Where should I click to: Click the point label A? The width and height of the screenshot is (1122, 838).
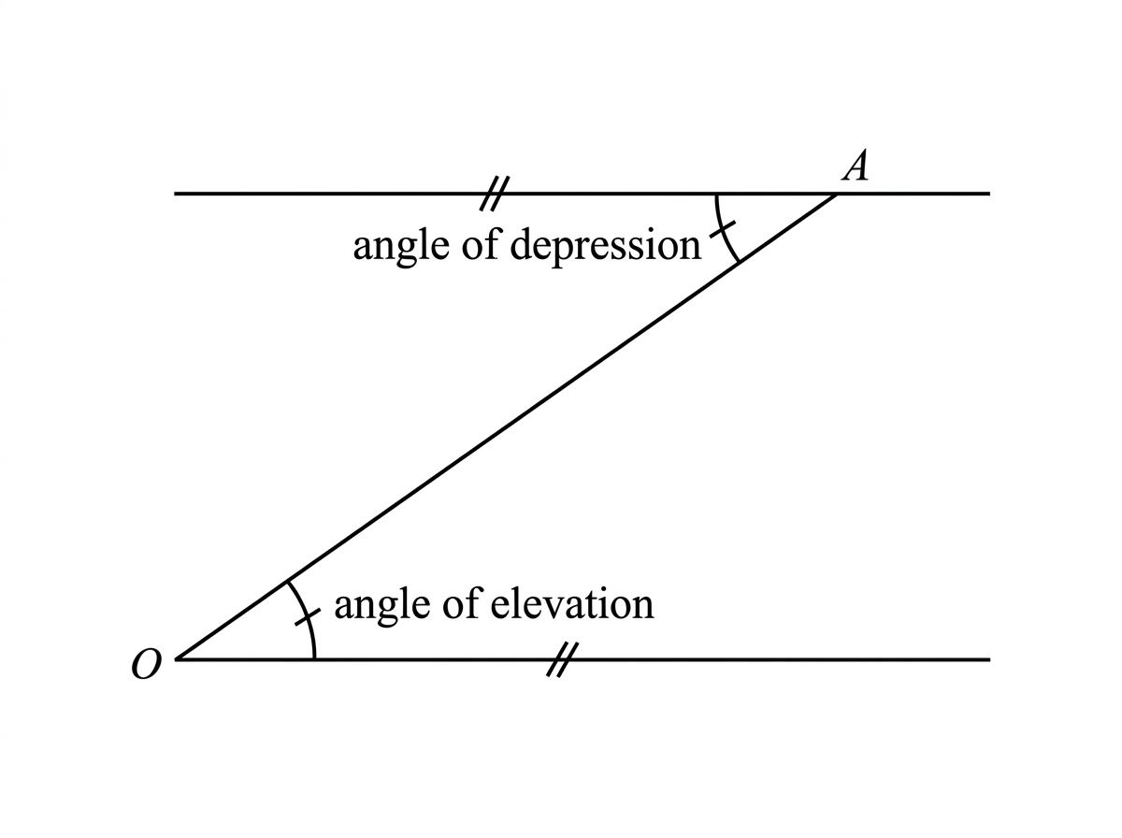pos(855,166)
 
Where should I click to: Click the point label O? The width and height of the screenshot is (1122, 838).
pos(147,664)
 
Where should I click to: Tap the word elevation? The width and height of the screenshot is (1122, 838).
pos(572,604)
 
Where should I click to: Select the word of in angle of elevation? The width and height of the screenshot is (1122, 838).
pos(462,603)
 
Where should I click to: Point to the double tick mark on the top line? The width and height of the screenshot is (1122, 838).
pos(495,194)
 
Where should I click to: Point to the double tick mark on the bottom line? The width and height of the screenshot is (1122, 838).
pos(562,659)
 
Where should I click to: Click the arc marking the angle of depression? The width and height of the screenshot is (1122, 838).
pos(721,230)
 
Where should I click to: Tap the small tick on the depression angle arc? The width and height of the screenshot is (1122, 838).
pos(722,229)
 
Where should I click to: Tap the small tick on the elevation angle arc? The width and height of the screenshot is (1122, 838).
pos(308,617)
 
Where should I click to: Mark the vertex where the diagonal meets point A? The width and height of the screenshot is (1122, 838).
pos(837,195)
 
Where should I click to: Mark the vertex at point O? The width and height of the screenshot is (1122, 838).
pos(177,659)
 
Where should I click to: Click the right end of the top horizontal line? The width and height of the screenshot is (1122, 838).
pos(990,194)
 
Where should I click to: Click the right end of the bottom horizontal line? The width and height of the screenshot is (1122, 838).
pos(990,659)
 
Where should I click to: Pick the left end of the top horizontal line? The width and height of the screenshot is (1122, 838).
pos(174,194)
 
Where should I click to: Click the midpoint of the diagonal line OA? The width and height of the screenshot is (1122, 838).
pos(507,426)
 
